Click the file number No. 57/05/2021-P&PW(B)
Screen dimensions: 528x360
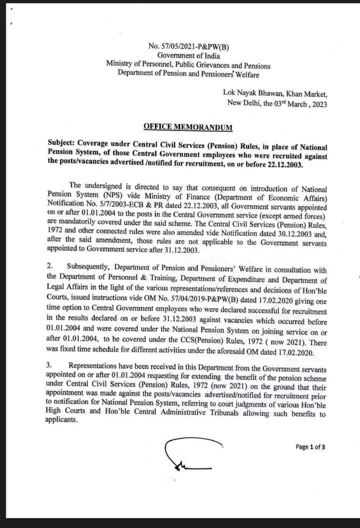click(186, 47)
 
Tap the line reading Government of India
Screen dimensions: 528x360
click(186, 56)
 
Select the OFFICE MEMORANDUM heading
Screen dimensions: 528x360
click(187, 127)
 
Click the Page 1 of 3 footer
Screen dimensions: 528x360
click(310, 446)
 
